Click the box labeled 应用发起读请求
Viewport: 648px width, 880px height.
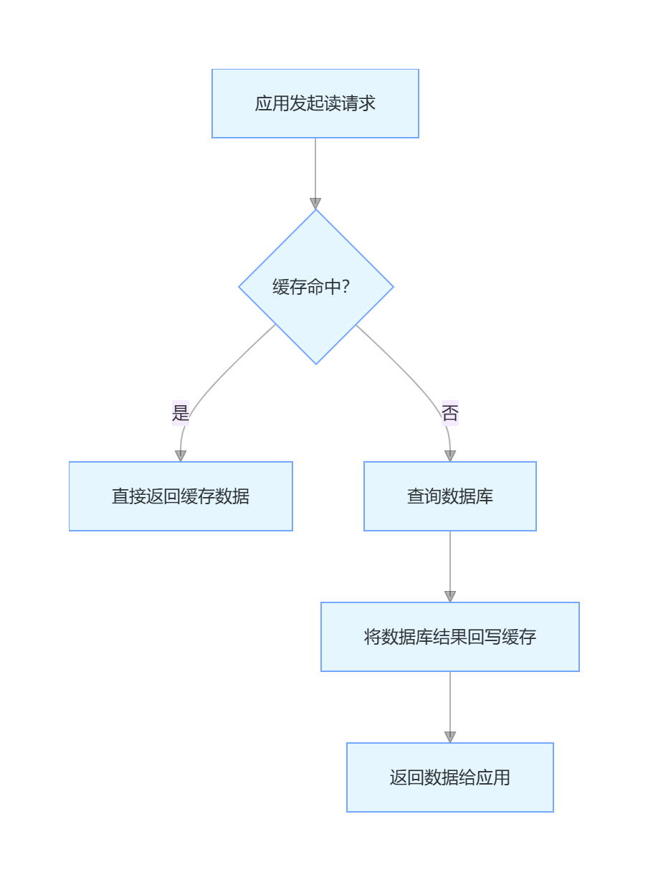click(x=315, y=103)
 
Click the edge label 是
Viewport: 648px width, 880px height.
click(x=181, y=413)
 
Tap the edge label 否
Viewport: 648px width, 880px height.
click(x=450, y=413)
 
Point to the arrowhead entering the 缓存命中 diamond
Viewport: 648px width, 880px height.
click(x=315, y=204)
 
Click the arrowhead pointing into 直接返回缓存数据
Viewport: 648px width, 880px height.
click(x=181, y=456)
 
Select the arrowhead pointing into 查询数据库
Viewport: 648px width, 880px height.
click(x=450, y=456)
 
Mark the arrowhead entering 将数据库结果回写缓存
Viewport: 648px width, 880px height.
click(x=450, y=597)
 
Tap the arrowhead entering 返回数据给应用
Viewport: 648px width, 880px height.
click(x=450, y=737)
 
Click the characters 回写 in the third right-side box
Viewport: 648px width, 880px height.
click(x=485, y=637)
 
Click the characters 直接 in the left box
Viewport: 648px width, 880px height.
click(x=129, y=496)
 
